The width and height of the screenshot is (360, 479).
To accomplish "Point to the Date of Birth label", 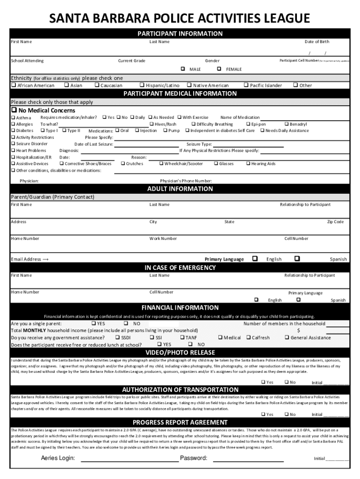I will (x=317, y=42).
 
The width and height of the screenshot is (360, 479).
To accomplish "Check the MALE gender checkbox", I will (x=183, y=69).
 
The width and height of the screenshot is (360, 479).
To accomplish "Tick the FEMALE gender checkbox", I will (x=219, y=69).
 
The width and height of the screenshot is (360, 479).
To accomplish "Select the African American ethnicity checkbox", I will (x=14, y=86).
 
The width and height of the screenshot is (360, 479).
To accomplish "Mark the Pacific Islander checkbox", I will (x=246, y=86).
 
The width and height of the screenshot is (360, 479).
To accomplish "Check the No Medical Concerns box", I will (x=14, y=110).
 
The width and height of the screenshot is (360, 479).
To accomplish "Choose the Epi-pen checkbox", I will (x=248, y=124).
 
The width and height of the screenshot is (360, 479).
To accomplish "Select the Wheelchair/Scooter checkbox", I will (x=161, y=164).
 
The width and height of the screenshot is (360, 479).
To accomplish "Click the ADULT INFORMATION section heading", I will (x=180, y=189).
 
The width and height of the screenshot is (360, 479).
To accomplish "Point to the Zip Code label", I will (x=335, y=222).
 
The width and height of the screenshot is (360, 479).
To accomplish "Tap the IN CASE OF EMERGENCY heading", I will (x=180, y=268).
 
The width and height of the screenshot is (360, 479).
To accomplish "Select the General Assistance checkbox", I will (x=287, y=337).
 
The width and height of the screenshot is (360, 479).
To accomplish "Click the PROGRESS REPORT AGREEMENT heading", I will (x=180, y=422).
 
